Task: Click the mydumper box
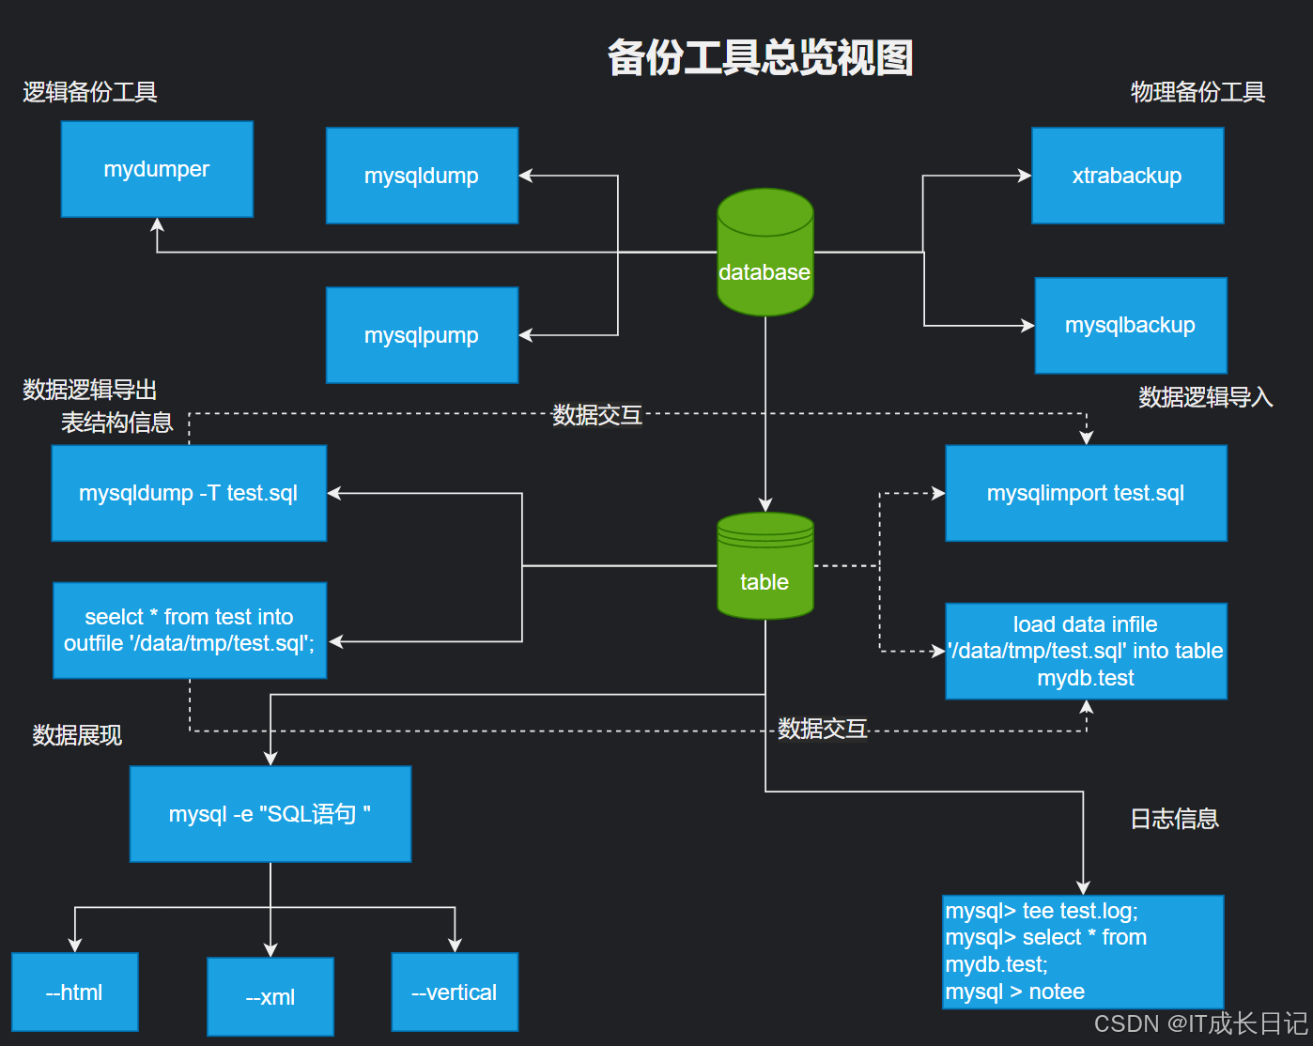pyautogui.click(x=157, y=169)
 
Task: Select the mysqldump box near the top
pyautogui.click(x=422, y=176)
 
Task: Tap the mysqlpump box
pyautogui.click(x=422, y=335)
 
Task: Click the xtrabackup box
pyautogui.click(x=1127, y=176)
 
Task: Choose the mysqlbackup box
pyautogui.click(x=1130, y=326)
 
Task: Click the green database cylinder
pyautogui.click(x=765, y=254)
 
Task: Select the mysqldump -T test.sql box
pyautogui.click(x=189, y=493)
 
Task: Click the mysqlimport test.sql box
pyautogui.click(x=1086, y=493)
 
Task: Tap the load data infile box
pyautogui.click(x=1086, y=651)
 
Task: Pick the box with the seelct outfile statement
pyautogui.click(x=190, y=630)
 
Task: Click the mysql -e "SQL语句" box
pyautogui.click(x=270, y=814)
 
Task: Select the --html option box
pyautogui.click(x=75, y=992)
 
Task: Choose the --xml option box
pyautogui.click(x=270, y=996)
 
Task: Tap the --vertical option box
pyautogui.click(x=455, y=992)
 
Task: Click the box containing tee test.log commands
pyautogui.click(x=1083, y=951)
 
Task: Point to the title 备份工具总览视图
pyautogui.click(x=760, y=58)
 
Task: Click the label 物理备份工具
pyautogui.click(x=1197, y=92)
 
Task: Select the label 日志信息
pyautogui.click(x=1174, y=819)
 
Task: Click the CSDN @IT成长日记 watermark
pyautogui.click(x=1199, y=1023)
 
